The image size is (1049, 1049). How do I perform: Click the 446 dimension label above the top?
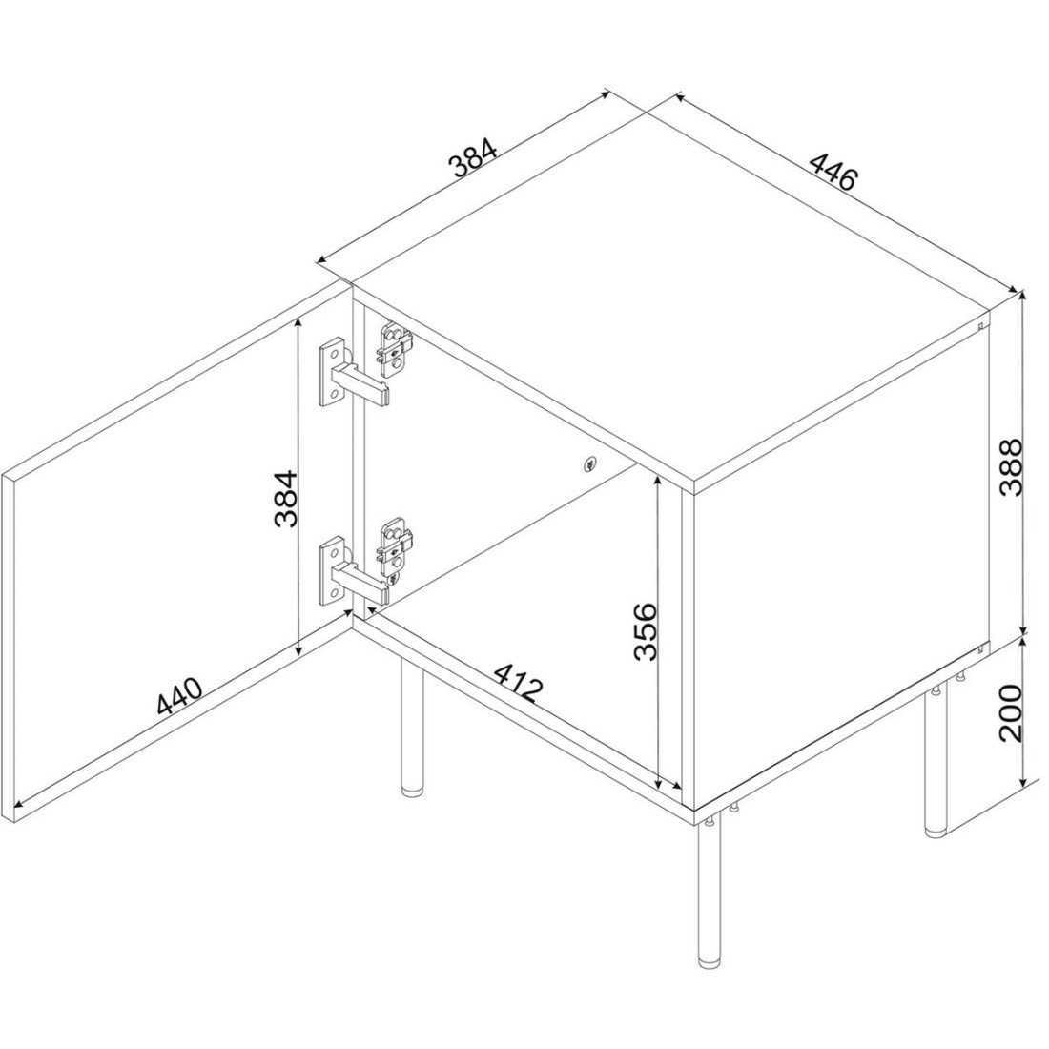833,171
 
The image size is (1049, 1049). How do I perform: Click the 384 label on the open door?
286,499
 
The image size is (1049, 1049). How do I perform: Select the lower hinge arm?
361,581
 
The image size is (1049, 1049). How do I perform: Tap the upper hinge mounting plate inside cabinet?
394,345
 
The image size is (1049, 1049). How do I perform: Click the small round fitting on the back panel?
588,463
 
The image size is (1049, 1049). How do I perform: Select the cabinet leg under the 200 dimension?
935,763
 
